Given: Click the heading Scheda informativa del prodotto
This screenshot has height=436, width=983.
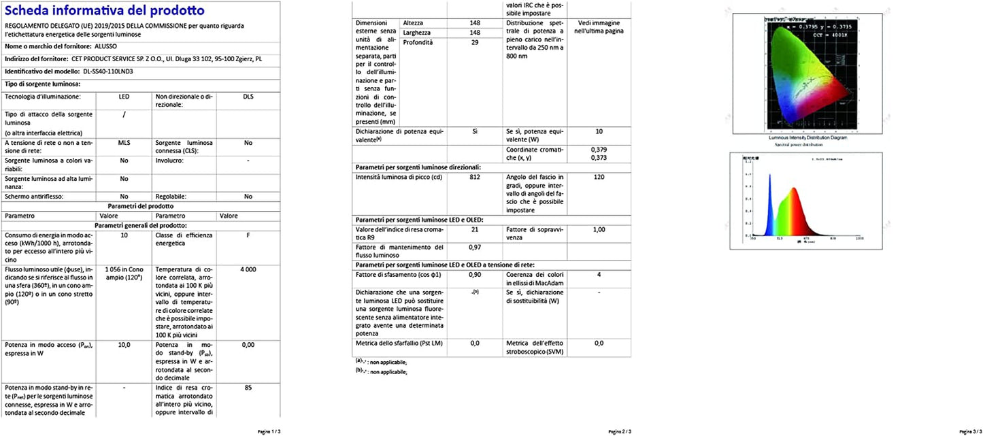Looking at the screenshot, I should coord(104,11).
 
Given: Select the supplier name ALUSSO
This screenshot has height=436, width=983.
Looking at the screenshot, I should coord(105,46).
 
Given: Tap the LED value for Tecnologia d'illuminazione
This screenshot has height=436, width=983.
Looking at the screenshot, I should coord(124,97).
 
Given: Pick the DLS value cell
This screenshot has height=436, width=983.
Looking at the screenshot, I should coord(248,97).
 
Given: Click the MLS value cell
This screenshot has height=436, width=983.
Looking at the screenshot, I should coord(124,144).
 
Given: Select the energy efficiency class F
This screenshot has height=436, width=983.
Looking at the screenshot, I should coord(248,235).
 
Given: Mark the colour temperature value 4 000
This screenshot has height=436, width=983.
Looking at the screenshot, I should coord(248,269).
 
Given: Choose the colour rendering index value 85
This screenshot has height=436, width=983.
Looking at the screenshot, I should coord(248,388).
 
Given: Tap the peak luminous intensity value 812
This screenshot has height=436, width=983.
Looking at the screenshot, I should coord(475,177).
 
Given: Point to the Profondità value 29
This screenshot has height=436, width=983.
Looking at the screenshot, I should coord(475,42).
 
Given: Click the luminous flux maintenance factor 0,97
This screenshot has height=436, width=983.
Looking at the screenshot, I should coord(475,247).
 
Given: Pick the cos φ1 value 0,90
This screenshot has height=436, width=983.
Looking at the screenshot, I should coord(475,275).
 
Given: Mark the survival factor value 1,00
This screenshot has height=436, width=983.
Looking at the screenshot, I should coord(599,230).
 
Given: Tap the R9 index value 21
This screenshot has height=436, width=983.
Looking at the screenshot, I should coord(475,230).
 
